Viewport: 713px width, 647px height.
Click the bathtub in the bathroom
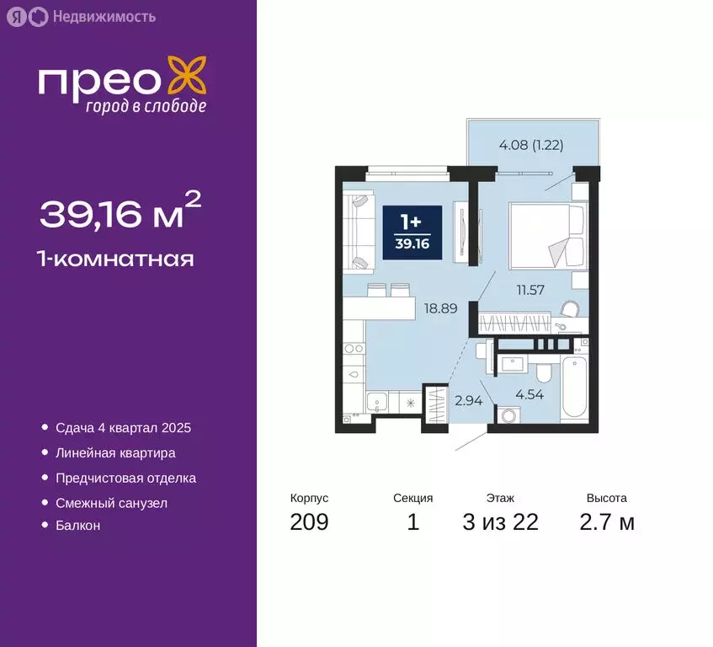point(574,387)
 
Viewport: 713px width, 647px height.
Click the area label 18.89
point(441,308)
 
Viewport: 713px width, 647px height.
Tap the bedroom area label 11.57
point(532,290)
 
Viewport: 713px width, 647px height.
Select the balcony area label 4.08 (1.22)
point(530,144)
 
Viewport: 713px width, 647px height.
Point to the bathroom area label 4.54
point(531,392)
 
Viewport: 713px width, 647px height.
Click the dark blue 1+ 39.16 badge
point(412,229)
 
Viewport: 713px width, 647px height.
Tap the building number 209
point(309,522)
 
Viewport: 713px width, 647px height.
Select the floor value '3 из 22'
point(500,522)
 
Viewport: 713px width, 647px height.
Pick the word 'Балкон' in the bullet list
point(78,526)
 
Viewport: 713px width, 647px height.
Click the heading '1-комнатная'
point(116,259)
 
